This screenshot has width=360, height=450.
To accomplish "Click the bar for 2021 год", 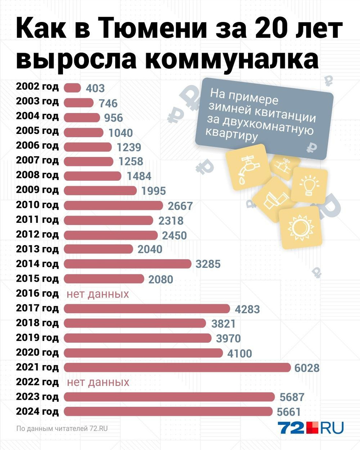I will point(177,367).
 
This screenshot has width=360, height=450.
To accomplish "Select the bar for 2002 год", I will point(72,88).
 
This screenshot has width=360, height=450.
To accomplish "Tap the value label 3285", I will point(208,264).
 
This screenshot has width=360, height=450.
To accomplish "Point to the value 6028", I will point(307,368).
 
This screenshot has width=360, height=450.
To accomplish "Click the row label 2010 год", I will point(37,205).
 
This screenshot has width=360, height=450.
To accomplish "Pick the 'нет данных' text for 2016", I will point(98,294).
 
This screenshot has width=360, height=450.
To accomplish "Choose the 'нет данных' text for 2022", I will point(98,382).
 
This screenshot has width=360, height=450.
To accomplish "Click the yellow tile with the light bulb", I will point(309,185).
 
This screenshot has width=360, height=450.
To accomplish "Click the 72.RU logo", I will point(311,428).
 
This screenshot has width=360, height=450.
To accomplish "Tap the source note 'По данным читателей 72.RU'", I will point(62,428).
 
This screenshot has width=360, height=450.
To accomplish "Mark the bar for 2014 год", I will point(128,264).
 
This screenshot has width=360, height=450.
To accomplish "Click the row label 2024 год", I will point(37,412).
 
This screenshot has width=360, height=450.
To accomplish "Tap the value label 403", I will point(95,88).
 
